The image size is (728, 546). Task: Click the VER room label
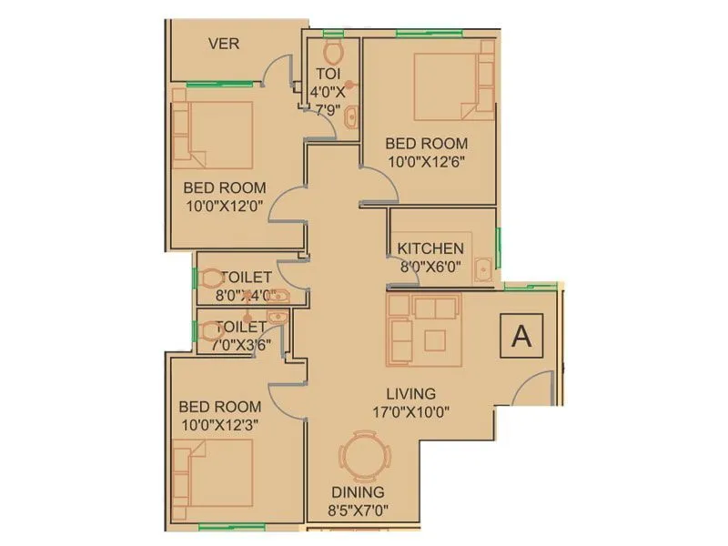(x=224, y=44)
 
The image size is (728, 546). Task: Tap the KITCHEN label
(x=430, y=248)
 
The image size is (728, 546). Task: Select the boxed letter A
(x=521, y=336)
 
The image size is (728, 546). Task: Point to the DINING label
(x=358, y=492)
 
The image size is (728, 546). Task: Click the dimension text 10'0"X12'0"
(x=224, y=206)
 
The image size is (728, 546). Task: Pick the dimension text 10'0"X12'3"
(x=219, y=424)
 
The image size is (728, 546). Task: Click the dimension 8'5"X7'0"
(x=358, y=511)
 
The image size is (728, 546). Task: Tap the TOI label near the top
(x=329, y=73)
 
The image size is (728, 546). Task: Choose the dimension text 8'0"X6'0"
(x=430, y=268)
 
